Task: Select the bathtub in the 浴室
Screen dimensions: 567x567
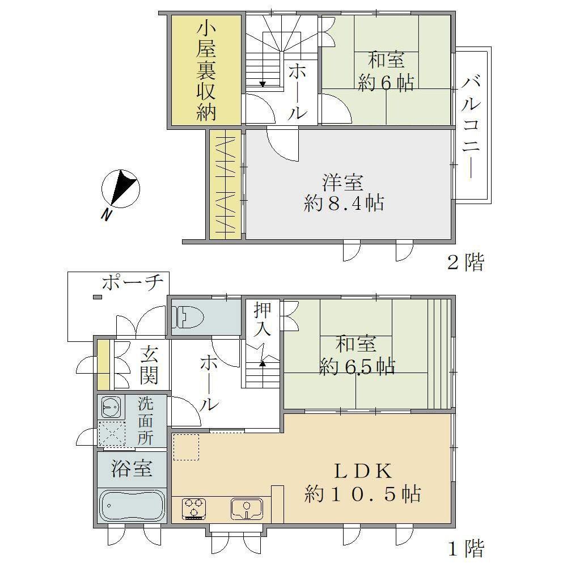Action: (132, 505)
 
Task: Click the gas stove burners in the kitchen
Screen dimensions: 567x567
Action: (195, 509)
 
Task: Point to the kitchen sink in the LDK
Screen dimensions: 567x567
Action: (247, 509)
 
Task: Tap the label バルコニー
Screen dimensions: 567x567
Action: (471, 128)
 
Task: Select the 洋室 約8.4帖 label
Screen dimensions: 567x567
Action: (344, 193)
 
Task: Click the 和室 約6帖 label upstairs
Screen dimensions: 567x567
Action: (386, 71)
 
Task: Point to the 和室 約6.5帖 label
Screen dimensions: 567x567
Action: (357, 356)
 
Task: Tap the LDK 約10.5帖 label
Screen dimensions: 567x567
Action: (363, 483)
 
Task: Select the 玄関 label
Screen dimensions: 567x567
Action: (149, 365)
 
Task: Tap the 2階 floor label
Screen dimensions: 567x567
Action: (466, 262)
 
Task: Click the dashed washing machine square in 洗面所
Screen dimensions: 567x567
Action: (112, 434)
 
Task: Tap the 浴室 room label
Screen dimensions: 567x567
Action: (132, 469)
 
